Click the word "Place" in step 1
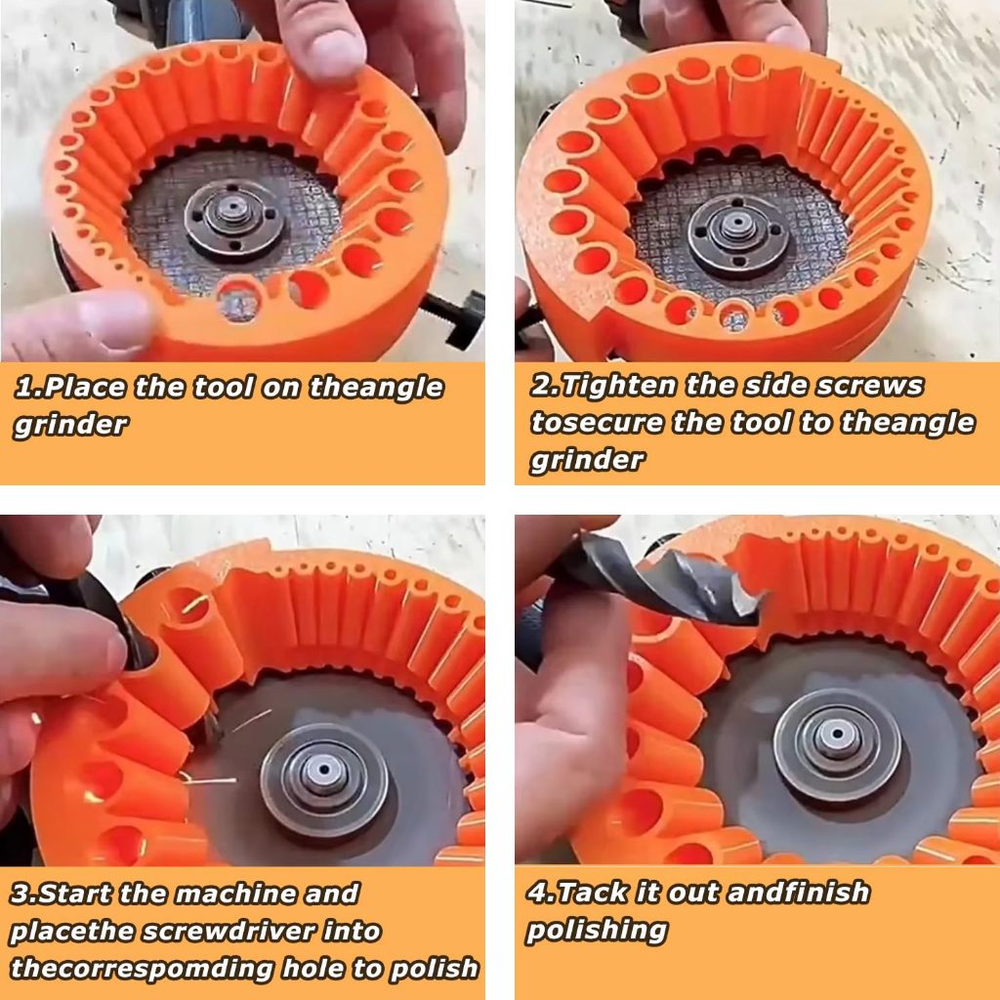tap(86, 387)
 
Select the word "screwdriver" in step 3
tap(229, 931)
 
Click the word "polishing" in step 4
tap(597, 931)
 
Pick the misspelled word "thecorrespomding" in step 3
tap(142, 968)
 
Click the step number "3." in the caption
tap(24, 894)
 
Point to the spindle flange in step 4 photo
tap(837, 743)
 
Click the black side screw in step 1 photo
tap(456, 319)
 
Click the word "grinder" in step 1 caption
tap(70, 425)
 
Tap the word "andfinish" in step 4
tap(799, 893)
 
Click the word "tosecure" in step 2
tap(597, 423)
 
